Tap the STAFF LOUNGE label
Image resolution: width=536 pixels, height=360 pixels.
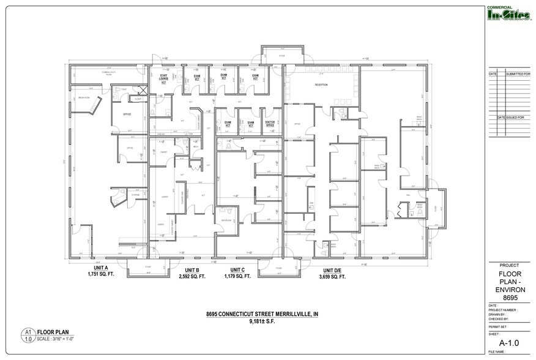[164, 78]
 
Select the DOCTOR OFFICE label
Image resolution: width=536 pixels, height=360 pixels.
[270, 124]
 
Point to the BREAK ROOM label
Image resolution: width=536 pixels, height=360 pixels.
[84, 98]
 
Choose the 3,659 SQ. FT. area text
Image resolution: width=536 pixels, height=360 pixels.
[332, 277]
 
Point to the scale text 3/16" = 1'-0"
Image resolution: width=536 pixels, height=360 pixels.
[60, 339]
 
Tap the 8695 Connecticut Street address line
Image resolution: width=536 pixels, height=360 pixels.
[262, 315]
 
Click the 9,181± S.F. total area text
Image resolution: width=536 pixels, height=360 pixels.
[262, 321]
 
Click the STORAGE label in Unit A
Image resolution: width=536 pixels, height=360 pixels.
[135, 195]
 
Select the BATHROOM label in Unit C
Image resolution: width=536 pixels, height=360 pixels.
[226, 220]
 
